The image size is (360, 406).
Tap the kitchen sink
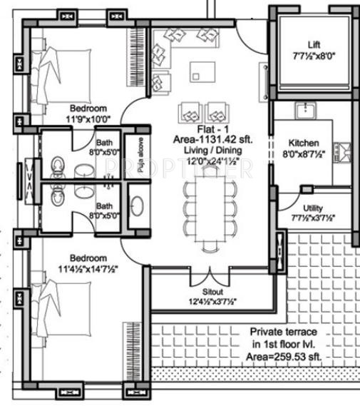[306, 108]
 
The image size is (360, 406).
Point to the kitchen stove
[344, 152]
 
